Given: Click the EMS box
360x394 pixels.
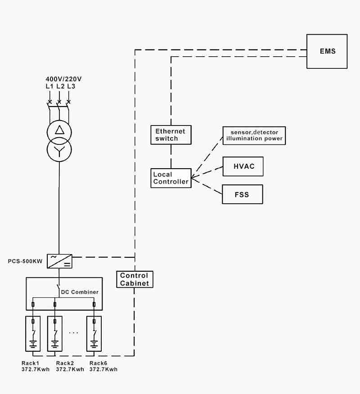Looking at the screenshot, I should coord(327,51).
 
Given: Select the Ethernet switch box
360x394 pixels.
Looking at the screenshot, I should coord(170,135).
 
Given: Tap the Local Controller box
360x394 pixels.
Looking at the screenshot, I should coord(171,178).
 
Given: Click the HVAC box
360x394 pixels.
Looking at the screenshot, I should coord(243,166).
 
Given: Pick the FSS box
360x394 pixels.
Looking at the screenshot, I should coord(242,195).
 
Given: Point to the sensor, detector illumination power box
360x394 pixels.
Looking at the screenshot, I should coord(254,135).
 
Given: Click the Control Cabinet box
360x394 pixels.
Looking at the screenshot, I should coord(134,279).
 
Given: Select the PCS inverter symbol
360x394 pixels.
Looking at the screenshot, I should coord(59,261).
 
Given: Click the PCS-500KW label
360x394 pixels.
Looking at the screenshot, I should coord(26,261).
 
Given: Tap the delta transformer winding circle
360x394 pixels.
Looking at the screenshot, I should coord(59,131).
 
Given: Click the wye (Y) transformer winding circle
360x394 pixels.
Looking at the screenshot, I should coord(59,149).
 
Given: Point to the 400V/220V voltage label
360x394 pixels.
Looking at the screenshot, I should coord(63,79).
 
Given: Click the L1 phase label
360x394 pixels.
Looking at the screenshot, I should coord(49,86).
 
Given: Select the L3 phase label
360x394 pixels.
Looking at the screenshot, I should coord(71,86).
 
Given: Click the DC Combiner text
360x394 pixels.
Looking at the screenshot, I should coord(80,292).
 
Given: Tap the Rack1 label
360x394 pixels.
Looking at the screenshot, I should coord(31,363).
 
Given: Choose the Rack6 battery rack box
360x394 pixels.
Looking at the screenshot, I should coord(94,333).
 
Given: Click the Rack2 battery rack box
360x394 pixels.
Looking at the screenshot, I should coord(55,333).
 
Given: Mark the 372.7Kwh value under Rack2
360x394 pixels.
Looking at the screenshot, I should coord(70,369).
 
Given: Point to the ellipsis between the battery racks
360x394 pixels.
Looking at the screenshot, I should coord(74,333).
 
